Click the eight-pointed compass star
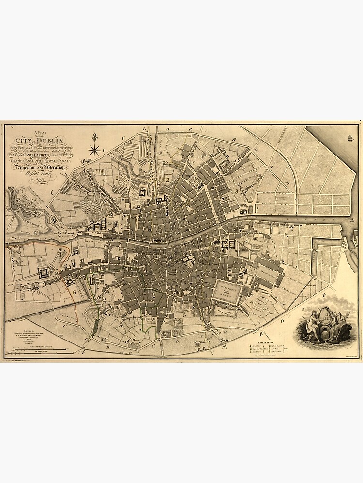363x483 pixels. pos(94,151)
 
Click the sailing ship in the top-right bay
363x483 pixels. pos(348,139)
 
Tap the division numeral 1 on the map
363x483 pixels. pos(118,177)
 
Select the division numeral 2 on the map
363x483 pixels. pos(167,180)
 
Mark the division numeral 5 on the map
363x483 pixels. pos(184,315)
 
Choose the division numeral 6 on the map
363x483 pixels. pos(75,292)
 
